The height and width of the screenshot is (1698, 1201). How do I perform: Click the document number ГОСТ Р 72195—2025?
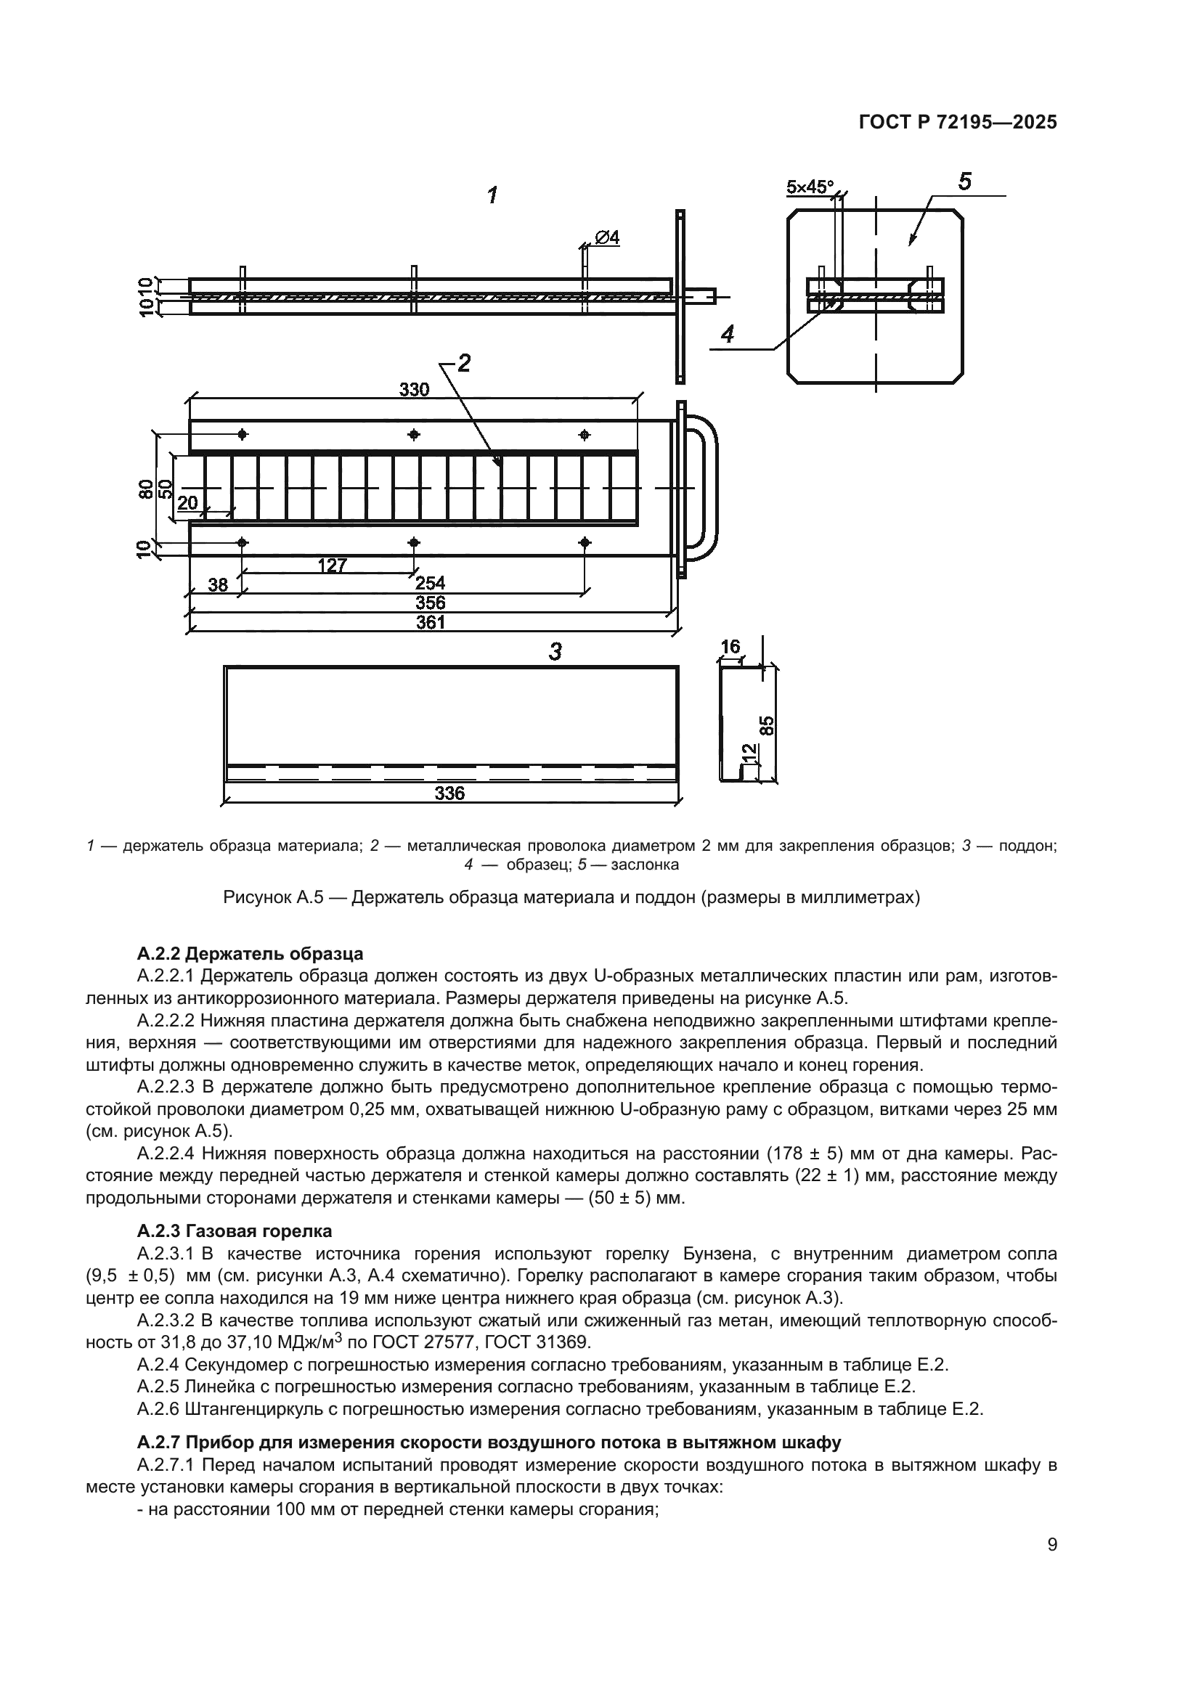point(957,123)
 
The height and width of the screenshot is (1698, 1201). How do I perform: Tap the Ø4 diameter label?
point(606,237)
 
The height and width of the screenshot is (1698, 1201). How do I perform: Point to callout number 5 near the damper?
point(964,181)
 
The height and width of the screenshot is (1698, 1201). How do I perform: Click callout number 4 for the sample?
point(728,334)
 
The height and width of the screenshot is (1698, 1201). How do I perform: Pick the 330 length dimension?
point(414,389)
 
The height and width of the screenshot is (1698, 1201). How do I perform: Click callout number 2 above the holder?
point(464,363)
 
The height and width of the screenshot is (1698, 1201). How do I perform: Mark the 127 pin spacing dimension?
point(332,565)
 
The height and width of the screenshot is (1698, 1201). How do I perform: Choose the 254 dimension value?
point(431,583)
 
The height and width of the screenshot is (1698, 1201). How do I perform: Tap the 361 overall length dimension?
point(431,622)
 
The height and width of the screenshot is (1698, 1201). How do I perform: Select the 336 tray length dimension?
point(449,793)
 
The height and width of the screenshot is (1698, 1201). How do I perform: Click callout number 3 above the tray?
point(555,651)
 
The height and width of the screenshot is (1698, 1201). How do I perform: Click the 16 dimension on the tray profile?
point(730,646)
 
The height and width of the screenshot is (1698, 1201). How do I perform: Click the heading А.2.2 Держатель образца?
point(250,952)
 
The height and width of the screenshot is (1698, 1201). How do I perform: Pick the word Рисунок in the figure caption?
point(256,898)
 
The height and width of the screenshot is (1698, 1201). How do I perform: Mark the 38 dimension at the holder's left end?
point(217,585)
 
